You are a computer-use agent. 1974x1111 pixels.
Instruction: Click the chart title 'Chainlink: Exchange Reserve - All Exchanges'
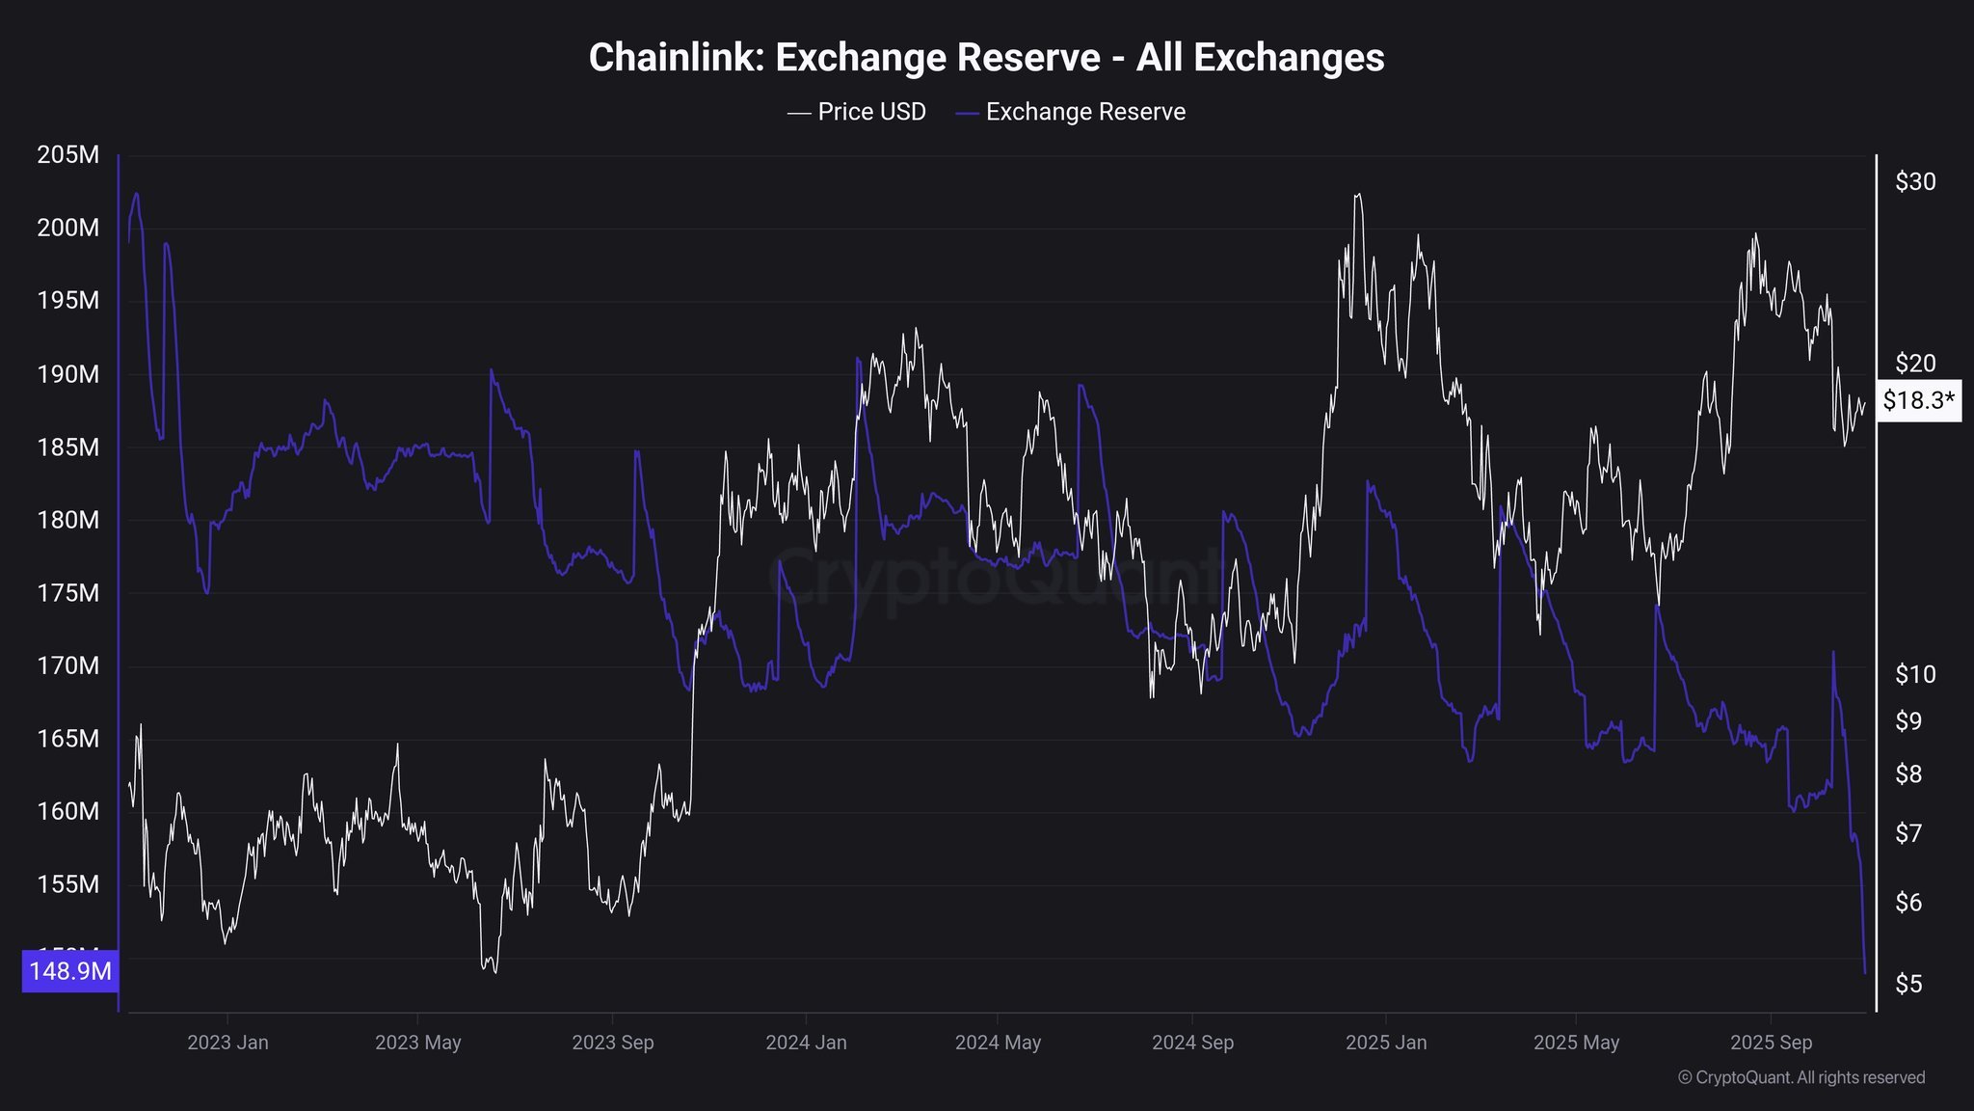[x=986, y=58]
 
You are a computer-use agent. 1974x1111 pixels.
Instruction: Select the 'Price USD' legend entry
[x=857, y=112]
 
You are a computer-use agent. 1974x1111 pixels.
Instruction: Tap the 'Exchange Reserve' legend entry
[x=1071, y=112]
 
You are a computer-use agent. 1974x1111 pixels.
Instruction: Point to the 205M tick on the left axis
[x=67, y=154]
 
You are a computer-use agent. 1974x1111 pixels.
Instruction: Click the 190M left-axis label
[x=67, y=374]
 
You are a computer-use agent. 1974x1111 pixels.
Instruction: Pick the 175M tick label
[x=67, y=593]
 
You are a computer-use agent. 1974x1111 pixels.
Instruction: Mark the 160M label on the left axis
[x=67, y=811]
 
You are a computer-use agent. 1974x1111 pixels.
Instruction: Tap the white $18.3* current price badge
[x=1918, y=401]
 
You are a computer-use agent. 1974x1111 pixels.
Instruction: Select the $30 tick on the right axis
[x=1914, y=181]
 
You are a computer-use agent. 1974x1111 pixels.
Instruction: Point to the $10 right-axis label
[x=1914, y=674]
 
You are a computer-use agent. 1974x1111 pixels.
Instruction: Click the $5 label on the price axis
[x=1908, y=984]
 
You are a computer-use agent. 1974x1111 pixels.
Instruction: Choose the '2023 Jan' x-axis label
[x=227, y=1043]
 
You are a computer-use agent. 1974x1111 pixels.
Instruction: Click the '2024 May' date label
[x=998, y=1043]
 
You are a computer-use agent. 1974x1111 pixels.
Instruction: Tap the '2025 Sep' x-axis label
[x=1771, y=1043]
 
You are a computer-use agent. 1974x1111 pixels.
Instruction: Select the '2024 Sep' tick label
[x=1192, y=1043]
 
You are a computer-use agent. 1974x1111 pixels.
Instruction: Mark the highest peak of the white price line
[x=1358, y=195]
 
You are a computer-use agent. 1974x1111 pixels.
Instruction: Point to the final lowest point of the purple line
[x=1865, y=972]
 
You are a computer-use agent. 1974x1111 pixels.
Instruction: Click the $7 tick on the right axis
[x=1908, y=833]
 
